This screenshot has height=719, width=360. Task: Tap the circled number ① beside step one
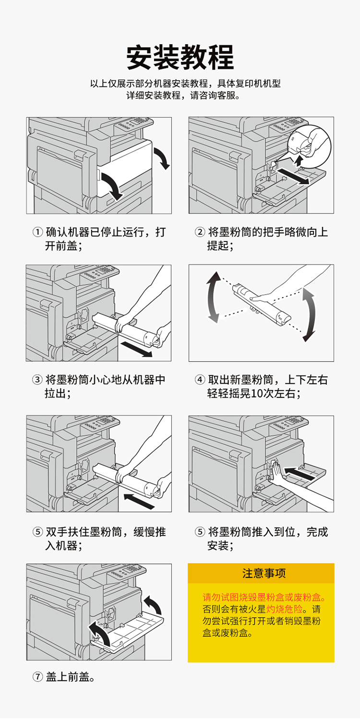coord(38,233)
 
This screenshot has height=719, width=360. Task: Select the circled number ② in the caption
coord(200,233)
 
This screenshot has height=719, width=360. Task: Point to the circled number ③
coord(38,380)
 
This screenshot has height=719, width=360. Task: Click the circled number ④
coord(200,380)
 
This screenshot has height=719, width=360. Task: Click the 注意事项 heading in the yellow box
coord(261,573)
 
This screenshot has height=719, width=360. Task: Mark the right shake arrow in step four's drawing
coord(308,315)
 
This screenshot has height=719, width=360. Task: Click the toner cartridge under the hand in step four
coord(262,303)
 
